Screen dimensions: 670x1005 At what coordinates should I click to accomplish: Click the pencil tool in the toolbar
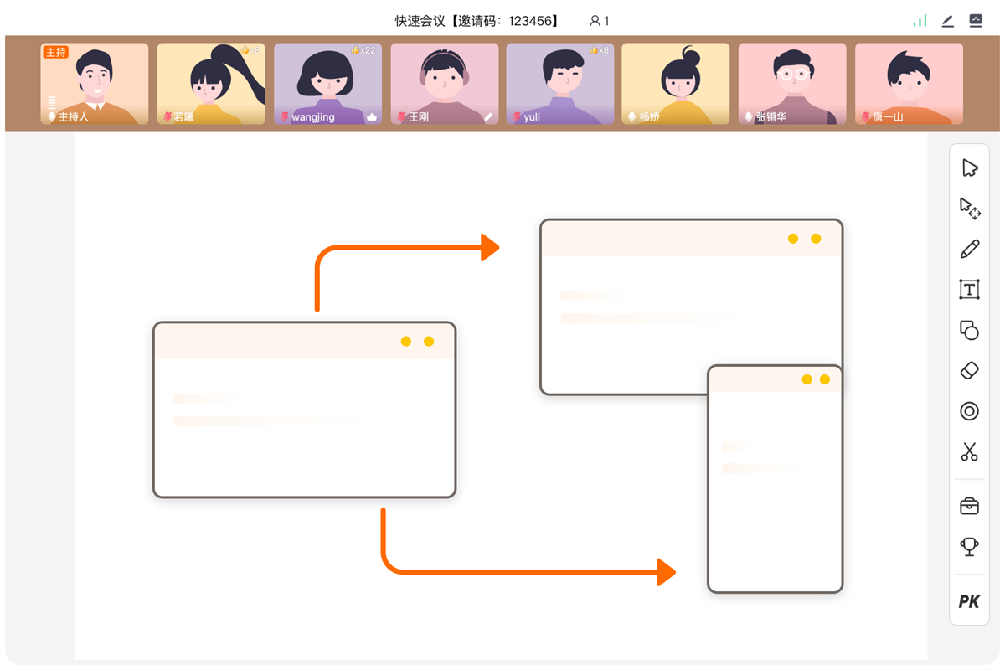pos(969,249)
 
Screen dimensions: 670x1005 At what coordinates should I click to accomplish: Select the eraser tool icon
pos(969,370)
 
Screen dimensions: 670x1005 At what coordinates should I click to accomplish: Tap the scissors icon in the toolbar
pos(969,452)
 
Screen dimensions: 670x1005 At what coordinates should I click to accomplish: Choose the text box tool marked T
pos(969,290)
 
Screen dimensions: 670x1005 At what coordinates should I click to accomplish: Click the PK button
pos(969,601)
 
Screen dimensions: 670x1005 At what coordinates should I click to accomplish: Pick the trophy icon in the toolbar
pos(969,547)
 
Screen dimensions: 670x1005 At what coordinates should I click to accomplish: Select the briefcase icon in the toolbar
pos(969,506)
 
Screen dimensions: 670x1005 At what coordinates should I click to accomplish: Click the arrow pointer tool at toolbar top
pos(969,168)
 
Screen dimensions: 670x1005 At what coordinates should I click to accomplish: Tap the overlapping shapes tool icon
pos(969,330)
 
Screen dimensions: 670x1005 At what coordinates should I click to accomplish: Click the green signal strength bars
pos(920,21)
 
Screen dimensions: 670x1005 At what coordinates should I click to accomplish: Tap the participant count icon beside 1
pos(595,21)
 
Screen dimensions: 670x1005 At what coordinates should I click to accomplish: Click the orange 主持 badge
pos(55,52)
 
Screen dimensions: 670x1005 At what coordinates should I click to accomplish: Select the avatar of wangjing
pos(327,80)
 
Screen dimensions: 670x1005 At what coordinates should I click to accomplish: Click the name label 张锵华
pos(770,117)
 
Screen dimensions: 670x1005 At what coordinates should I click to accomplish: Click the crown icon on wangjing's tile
pos(372,117)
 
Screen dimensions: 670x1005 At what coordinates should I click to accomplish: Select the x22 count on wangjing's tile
pos(367,50)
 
